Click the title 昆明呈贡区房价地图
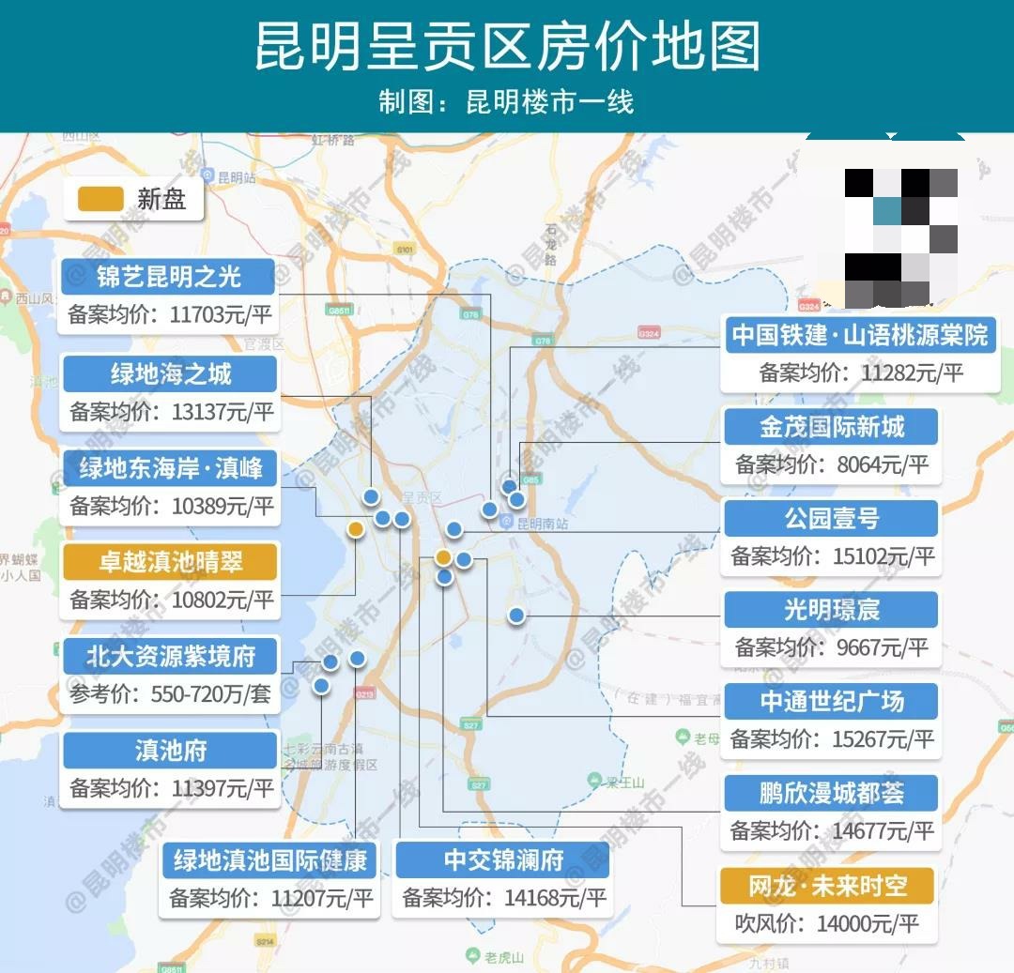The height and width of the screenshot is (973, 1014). tap(507, 46)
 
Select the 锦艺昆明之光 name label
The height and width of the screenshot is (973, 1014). tap(169, 277)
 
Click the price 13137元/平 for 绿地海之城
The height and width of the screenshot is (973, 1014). tap(223, 412)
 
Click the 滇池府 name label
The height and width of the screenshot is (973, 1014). tap(170, 751)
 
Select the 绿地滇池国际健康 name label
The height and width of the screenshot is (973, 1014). tap(270, 859)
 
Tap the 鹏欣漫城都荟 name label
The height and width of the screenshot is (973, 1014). tap(832, 793)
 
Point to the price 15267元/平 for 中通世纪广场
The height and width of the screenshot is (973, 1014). tap(883, 739)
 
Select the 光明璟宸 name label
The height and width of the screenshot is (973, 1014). tap(832, 610)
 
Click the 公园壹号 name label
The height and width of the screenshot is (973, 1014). tap(832, 518)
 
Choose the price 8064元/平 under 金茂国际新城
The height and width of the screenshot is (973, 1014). tap(879, 464)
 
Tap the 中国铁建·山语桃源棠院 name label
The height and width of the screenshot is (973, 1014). tap(859, 335)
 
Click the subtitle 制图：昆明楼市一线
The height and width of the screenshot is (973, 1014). tap(507, 101)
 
